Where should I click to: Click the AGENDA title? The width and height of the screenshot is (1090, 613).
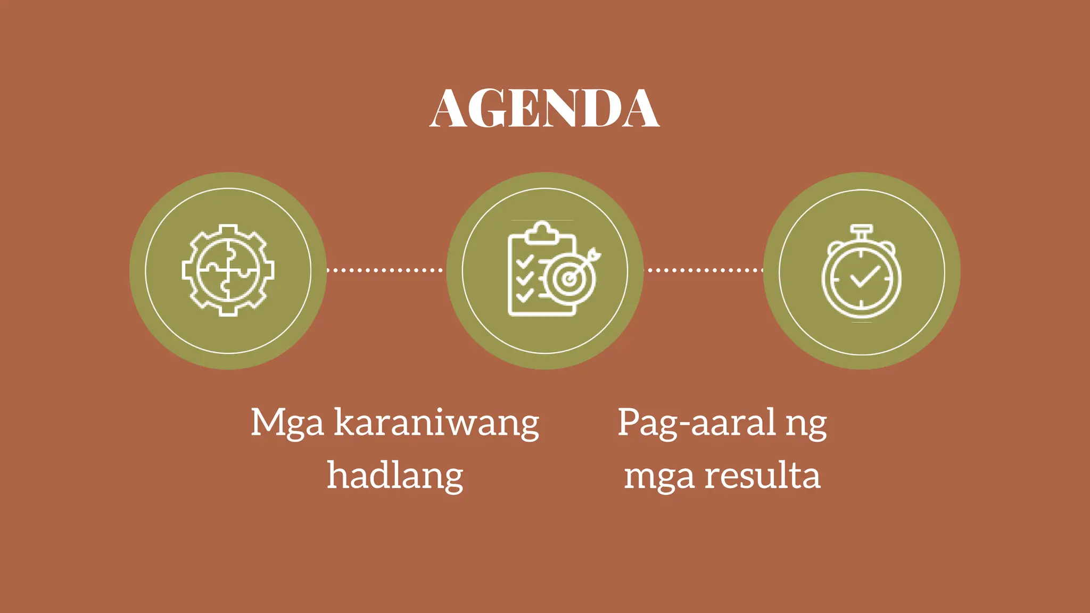[x=544, y=109]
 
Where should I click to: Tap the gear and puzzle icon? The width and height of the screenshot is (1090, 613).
[x=228, y=270]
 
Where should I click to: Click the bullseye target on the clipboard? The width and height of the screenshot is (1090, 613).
[x=569, y=279]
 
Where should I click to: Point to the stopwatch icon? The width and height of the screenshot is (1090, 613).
[x=862, y=272]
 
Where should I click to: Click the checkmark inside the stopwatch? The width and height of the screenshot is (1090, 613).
[x=864, y=277]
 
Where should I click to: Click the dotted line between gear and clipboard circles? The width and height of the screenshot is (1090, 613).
[x=384, y=270]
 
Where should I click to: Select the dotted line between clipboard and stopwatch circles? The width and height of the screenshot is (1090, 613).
[x=704, y=270]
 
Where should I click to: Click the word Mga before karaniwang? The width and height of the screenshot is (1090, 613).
[x=287, y=423]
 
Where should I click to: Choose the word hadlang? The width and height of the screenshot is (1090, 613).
[x=395, y=475]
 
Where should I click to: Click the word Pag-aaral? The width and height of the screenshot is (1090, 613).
[x=696, y=423]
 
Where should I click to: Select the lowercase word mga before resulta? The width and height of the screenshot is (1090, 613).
[x=659, y=477]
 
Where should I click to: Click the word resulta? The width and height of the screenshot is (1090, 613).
[x=762, y=475]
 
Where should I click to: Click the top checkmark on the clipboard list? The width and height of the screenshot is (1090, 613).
[x=525, y=261]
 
